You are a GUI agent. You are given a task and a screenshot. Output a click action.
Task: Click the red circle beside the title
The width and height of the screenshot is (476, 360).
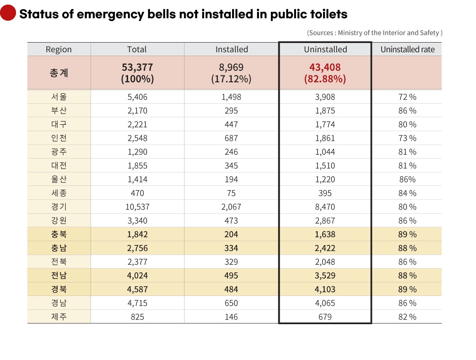tap(8, 13)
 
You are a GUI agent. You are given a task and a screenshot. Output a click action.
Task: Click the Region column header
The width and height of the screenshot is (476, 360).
tap(59, 49)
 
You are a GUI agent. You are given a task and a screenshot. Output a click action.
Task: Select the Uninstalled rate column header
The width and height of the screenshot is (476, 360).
tap(407, 49)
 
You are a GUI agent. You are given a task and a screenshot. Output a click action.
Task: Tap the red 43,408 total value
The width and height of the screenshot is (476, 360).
tap(325, 67)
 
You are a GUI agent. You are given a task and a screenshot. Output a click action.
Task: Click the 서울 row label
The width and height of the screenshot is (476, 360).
tap(59, 97)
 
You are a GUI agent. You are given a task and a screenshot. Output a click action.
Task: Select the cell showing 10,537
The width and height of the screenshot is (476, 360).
tap(137, 207)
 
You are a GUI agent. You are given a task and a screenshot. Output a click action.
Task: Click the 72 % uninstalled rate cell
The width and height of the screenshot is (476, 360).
tap(407, 97)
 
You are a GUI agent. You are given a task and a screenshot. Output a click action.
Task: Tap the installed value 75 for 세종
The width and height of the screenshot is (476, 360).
tap(231, 193)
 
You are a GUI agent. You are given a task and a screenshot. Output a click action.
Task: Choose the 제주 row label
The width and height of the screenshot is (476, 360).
tap(59, 317)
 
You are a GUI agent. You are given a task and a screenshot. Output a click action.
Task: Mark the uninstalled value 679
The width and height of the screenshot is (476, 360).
tap(325, 317)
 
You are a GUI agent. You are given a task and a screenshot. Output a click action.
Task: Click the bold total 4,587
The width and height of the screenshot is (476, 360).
tap(137, 289)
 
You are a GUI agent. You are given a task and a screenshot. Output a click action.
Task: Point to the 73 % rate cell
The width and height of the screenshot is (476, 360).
tap(407, 138)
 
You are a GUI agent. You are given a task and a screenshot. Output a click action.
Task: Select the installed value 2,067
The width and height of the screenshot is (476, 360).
tap(231, 207)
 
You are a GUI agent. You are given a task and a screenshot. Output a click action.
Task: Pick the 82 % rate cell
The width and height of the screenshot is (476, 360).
tap(407, 317)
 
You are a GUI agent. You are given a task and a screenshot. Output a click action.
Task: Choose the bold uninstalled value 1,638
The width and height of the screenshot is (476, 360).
tap(325, 234)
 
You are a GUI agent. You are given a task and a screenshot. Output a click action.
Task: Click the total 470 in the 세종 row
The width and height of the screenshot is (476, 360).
tap(137, 193)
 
